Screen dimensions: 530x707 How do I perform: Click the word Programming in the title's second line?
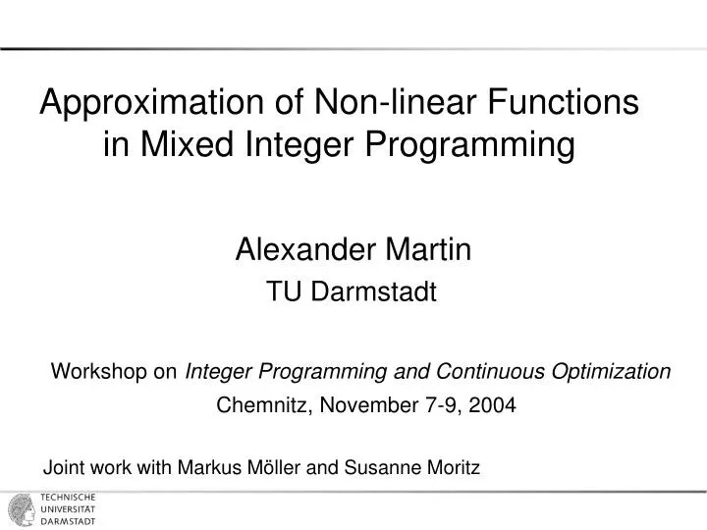click(469, 146)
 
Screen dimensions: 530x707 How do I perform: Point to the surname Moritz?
click(451, 468)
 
